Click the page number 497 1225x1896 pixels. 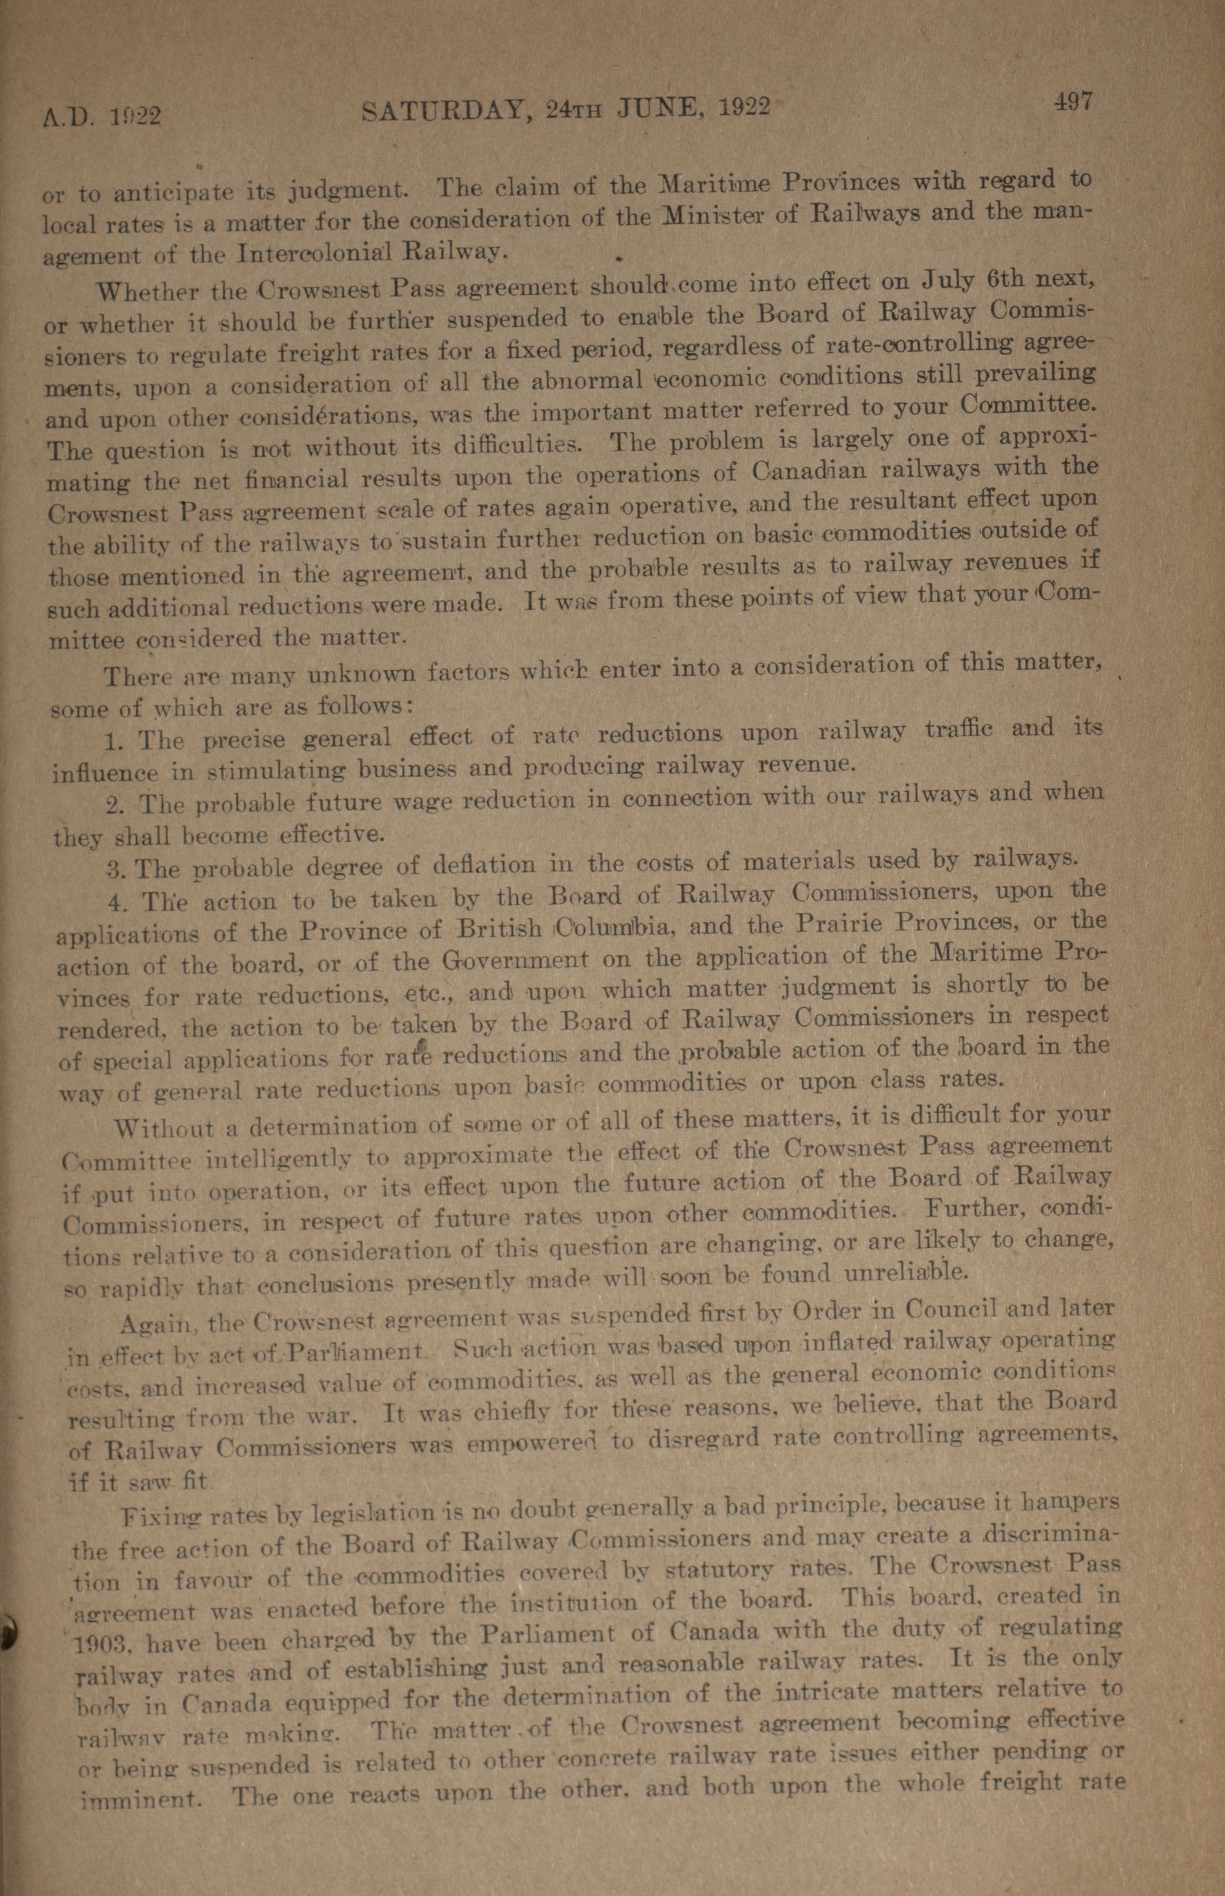(1073, 101)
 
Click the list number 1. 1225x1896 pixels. (112, 742)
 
